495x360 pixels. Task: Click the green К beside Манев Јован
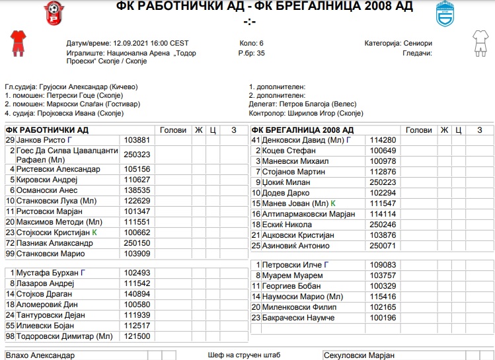point(333,203)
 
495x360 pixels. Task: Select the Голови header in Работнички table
point(173,130)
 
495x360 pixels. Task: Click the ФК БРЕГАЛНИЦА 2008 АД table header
point(302,130)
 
